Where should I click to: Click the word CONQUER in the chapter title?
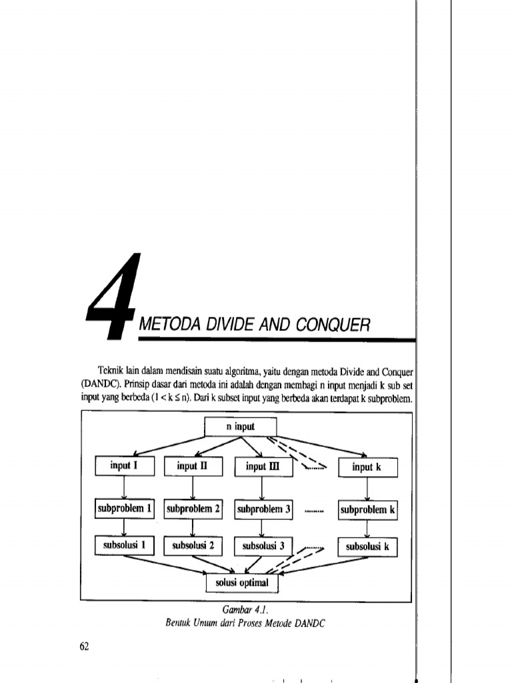click(x=331, y=325)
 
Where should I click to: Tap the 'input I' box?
click(x=124, y=466)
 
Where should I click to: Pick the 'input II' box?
click(x=193, y=467)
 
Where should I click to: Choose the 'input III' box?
click(x=261, y=467)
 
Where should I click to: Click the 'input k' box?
click(x=367, y=467)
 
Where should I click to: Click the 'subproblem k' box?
click(x=368, y=510)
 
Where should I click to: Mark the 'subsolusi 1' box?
click(x=125, y=546)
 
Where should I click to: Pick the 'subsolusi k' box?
click(x=368, y=547)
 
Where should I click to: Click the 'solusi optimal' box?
click(x=241, y=583)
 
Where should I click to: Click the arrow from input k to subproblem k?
click(x=368, y=489)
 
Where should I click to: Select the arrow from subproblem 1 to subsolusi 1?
click(x=125, y=528)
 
